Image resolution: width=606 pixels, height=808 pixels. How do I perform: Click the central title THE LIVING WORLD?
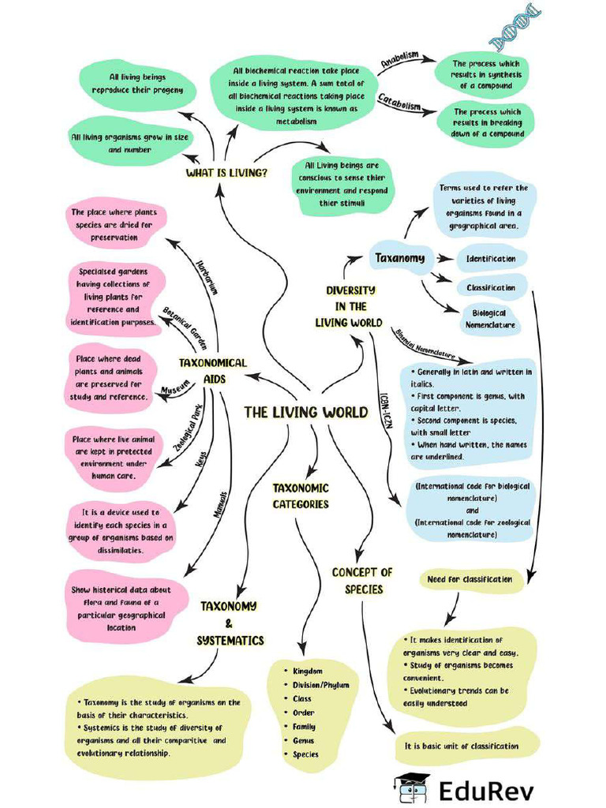pos(305,412)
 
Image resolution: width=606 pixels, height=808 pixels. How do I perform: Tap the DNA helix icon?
pos(517,26)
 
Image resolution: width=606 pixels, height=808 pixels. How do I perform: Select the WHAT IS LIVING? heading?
pos(226,173)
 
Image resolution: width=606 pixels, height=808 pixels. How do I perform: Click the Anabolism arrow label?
pos(398,60)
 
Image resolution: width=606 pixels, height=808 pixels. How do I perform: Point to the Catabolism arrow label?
pos(398,103)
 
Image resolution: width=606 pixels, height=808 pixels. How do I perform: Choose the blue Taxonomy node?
pos(399,257)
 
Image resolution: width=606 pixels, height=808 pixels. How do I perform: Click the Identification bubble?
pos(491,259)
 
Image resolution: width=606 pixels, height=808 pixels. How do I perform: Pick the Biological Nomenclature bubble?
pos(489,319)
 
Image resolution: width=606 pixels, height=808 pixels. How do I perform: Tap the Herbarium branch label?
pos(206,276)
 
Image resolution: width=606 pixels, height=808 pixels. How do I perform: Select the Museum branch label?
pos(176,388)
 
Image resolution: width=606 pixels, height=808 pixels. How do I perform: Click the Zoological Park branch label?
pos(188,427)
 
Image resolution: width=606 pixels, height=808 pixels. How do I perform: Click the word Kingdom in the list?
pos(307,671)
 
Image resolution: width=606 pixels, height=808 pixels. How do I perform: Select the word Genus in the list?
pos(303,740)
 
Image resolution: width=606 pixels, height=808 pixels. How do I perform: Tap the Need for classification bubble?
pos(469,579)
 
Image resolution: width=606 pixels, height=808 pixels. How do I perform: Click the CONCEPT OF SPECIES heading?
pos(362,581)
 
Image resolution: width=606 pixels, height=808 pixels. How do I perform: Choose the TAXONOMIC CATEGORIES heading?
pos(301,496)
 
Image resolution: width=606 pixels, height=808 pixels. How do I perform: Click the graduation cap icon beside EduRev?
pos(410,787)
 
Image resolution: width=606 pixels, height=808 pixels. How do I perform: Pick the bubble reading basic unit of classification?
pos(462,746)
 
